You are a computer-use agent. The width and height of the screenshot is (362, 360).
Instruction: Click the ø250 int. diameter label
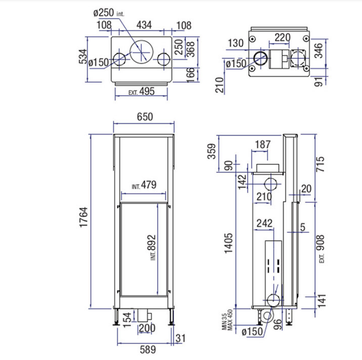point(109,13)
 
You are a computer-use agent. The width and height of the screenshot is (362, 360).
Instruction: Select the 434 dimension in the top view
point(144,25)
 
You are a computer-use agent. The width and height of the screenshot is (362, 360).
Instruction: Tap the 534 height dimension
point(83,56)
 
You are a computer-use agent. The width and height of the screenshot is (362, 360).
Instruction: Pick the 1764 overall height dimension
point(83,217)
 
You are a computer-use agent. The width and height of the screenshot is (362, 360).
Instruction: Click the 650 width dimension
point(145,117)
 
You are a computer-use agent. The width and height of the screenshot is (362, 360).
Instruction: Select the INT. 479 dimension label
point(144,185)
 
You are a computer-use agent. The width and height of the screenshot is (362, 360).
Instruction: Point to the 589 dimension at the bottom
point(148,350)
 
